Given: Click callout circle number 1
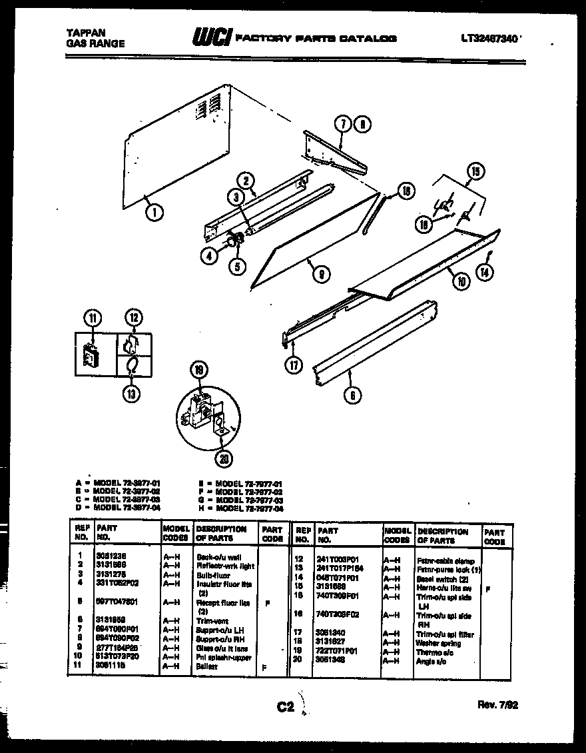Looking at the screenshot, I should (x=154, y=213).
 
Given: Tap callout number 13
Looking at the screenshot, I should (x=132, y=394).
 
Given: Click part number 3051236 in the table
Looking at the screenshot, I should (x=110, y=556).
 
